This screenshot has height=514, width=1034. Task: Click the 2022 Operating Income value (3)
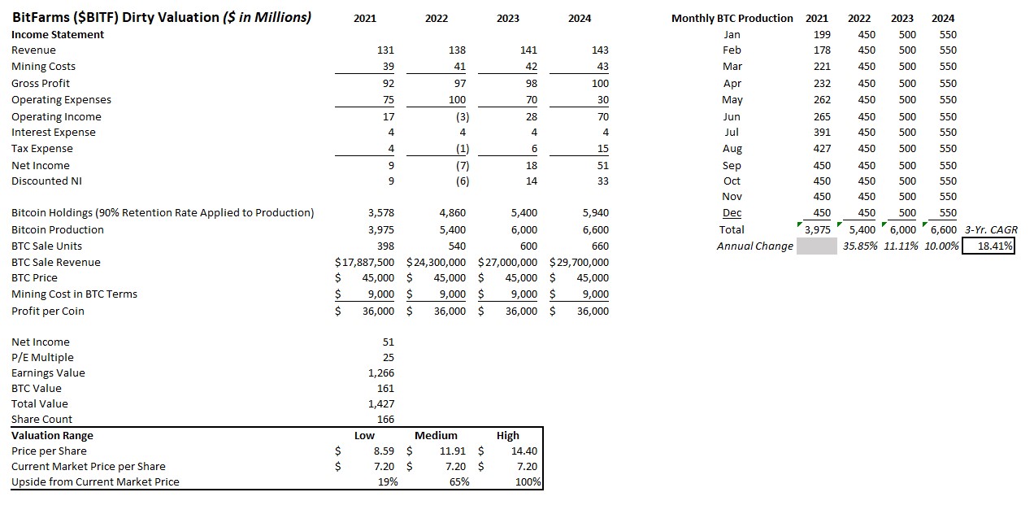pos(460,116)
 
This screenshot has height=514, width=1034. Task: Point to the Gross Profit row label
pos(41,83)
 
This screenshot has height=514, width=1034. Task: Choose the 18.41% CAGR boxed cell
pos(988,246)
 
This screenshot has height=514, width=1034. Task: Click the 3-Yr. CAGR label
pos(991,229)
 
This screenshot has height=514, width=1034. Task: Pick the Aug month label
pos(732,148)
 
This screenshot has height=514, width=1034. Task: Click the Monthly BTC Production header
pos(732,18)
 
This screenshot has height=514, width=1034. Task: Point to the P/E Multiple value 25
pos(388,357)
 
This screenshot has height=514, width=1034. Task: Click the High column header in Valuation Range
pos(507,435)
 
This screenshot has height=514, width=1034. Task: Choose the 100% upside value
pos(528,481)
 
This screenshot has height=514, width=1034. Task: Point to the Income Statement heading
pos(58,34)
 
